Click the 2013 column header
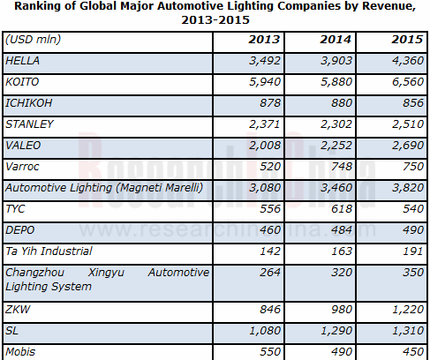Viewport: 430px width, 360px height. click(264, 40)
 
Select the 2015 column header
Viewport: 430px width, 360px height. click(407, 40)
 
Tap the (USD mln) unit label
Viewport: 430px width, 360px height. click(34, 40)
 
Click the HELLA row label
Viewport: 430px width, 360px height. click(22, 61)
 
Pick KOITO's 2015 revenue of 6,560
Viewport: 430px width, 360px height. click(408, 82)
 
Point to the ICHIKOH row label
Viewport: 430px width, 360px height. click(29, 103)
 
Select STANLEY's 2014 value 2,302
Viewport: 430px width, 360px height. click(336, 124)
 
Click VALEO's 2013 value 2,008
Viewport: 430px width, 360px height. click(265, 146)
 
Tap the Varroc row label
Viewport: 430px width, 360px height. click(22, 167)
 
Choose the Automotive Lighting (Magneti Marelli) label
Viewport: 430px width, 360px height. click(104, 188)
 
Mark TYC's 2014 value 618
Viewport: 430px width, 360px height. click(342, 209)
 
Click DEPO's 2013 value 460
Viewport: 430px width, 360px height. click(270, 230)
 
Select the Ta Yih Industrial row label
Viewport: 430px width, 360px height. click(49, 251)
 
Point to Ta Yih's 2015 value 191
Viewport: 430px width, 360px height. click(413, 251)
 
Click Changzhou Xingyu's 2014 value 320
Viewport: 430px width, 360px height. click(342, 273)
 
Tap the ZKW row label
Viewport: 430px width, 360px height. click(18, 310)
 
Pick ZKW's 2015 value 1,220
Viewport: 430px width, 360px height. click(408, 310)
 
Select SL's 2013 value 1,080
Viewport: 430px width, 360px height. click(265, 331)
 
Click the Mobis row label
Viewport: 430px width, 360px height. click(20, 352)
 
